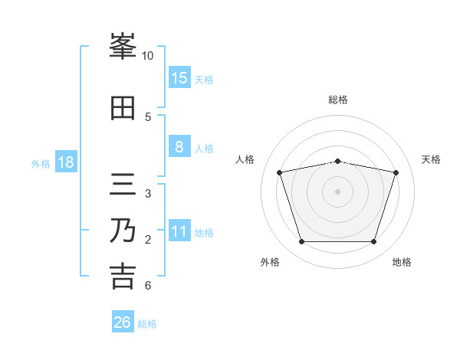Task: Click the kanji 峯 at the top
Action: click(x=123, y=46)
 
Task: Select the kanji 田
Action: click(x=123, y=108)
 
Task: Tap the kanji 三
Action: click(x=123, y=184)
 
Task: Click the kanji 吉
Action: click(x=123, y=277)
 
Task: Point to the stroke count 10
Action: click(x=147, y=56)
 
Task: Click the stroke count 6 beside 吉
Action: click(x=148, y=285)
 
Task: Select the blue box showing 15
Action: click(x=179, y=77)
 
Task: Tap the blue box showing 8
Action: click(x=179, y=146)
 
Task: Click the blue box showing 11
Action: click(x=179, y=230)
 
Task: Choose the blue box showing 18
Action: click(x=66, y=162)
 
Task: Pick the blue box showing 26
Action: click(x=123, y=321)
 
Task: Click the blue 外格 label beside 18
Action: click(x=41, y=164)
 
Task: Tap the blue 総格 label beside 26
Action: click(x=147, y=324)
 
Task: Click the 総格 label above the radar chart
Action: click(x=338, y=100)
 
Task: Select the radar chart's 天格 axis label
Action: click(x=431, y=159)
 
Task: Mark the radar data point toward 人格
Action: click(x=280, y=172)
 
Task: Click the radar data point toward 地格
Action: click(x=374, y=241)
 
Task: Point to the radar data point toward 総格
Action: click(x=337, y=162)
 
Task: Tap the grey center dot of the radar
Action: click(x=337, y=191)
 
